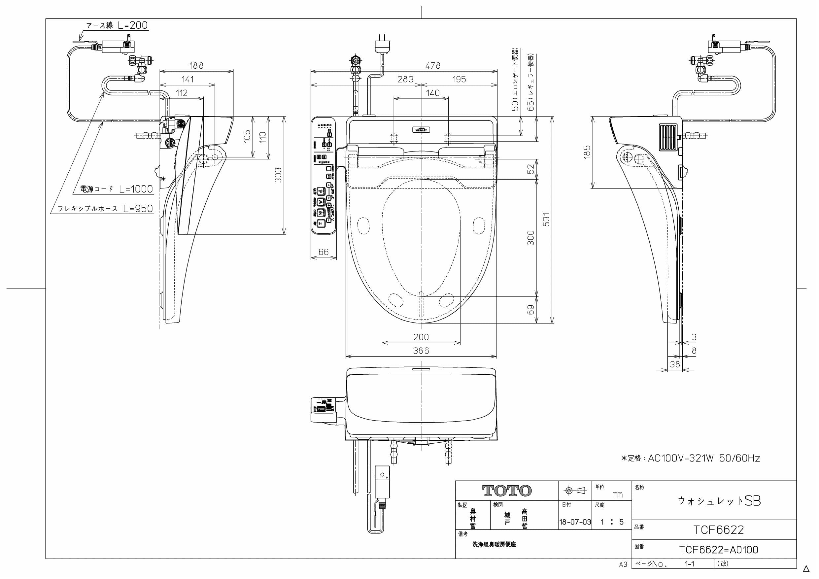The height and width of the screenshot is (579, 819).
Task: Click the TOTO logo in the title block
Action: point(506,491)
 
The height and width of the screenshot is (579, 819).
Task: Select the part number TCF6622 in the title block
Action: point(718,530)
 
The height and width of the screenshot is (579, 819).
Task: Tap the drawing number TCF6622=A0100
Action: point(718,550)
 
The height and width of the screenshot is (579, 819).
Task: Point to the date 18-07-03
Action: point(575,522)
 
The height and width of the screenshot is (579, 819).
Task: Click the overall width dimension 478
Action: point(432,66)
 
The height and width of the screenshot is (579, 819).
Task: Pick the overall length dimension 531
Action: point(546,220)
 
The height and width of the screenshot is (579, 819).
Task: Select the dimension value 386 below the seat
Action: point(421,351)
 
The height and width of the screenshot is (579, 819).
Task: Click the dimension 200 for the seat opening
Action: point(421,337)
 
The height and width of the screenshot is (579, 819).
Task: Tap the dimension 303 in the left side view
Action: point(278,175)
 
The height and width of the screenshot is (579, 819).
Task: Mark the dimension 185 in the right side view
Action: point(587,152)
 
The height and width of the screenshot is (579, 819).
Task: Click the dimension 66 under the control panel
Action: point(323,252)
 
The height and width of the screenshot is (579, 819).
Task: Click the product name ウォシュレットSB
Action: point(719,501)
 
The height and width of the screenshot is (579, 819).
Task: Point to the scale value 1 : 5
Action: point(611,522)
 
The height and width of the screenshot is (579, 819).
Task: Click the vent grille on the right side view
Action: point(667,137)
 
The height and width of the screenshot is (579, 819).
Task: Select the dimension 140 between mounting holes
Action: point(432,93)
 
